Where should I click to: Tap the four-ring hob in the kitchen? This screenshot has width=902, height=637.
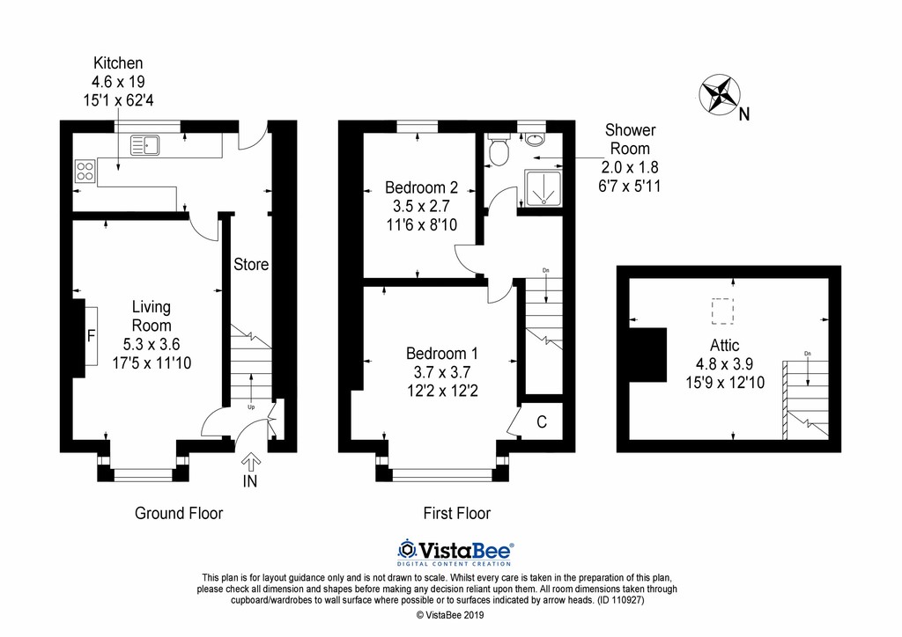85,171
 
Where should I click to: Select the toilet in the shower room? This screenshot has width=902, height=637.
498,150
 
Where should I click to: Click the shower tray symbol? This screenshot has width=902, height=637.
543,187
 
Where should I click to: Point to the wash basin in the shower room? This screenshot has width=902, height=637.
535,138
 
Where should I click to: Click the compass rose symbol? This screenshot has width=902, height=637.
719,93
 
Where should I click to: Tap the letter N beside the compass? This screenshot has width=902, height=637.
744,114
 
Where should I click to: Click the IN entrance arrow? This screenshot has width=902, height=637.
251,461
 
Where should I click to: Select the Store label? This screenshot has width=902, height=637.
251,264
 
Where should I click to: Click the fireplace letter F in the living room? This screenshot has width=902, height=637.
91,335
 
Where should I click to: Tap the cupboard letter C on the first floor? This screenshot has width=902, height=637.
542,422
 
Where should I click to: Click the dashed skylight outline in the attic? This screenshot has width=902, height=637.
722,311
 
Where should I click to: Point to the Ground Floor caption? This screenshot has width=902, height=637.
178,513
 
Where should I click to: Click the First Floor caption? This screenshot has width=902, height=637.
457,513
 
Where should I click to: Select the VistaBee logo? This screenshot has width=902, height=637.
455,552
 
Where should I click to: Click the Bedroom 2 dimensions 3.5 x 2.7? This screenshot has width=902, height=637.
421,206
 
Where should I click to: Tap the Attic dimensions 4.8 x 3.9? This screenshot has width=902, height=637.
724,364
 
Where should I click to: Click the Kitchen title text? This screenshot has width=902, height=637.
118,63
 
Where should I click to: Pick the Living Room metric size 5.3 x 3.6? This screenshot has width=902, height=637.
152,344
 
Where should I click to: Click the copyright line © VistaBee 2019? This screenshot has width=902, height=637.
450,615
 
